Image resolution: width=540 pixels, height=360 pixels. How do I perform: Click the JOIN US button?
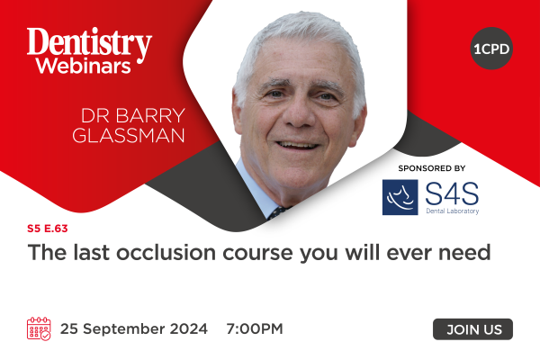click(472, 329)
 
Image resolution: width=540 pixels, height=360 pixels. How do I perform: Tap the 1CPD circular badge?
click(491, 49)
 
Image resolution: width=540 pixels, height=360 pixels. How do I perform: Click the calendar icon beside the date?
click(39, 329)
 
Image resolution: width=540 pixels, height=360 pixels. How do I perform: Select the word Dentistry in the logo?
click(89, 44)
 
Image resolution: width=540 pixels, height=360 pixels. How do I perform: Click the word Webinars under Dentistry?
click(84, 66)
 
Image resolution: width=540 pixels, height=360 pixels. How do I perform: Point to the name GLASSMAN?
click(129, 135)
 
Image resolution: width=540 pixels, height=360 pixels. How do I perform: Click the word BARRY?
click(150, 116)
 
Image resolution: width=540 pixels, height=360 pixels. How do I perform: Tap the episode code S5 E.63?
click(48, 229)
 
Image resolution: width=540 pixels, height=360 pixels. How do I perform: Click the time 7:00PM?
click(255, 328)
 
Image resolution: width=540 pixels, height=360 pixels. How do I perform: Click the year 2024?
click(189, 328)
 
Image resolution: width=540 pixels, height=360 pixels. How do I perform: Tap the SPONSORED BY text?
click(432, 168)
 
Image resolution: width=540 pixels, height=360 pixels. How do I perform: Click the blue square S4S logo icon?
click(400, 197)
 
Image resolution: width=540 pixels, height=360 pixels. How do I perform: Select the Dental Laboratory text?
click(453, 211)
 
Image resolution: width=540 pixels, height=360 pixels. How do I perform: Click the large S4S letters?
click(452, 193)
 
